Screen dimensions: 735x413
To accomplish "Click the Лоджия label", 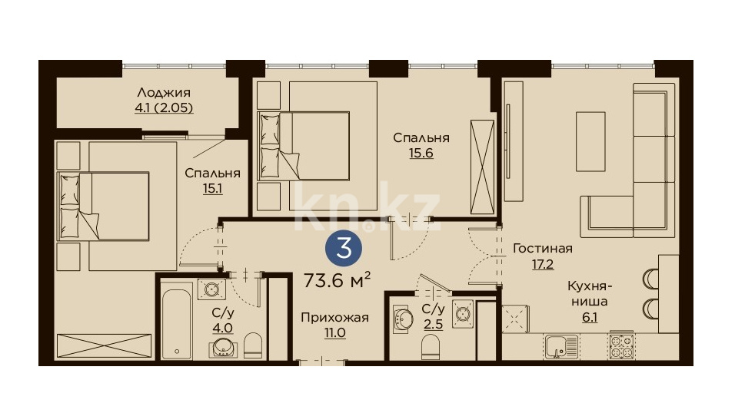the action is (x=164, y=93).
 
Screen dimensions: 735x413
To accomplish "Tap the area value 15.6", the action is (x=421, y=153).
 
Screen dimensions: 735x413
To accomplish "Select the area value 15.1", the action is (x=212, y=188).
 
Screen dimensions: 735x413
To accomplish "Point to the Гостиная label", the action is (x=542, y=248).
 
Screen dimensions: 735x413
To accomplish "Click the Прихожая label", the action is (x=334, y=318).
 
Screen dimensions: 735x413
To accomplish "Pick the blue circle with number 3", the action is (x=344, y=249).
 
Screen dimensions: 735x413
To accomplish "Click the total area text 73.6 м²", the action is (x=338, y=280).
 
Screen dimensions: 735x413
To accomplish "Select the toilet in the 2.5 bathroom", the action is (x=430, y=349).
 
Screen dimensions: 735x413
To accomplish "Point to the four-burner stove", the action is (x=621, y=346).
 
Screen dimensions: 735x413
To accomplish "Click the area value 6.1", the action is (x=590, y=318).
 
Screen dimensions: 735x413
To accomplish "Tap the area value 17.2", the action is (x=542, y=264).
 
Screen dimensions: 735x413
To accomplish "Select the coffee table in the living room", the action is (x=590, y=141).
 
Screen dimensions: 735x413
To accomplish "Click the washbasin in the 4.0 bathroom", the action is (x=223, y=347).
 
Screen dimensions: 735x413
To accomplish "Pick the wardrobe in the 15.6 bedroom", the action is (x=482, y=167).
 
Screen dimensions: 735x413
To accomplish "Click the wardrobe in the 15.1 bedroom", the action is (x=104, y=346).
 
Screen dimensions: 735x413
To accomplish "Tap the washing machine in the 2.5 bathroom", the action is (x=463, y=313).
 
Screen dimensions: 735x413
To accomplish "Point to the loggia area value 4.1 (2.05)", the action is (x=164, y=108).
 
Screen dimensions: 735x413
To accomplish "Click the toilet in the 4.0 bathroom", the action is (x=253, y=345).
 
